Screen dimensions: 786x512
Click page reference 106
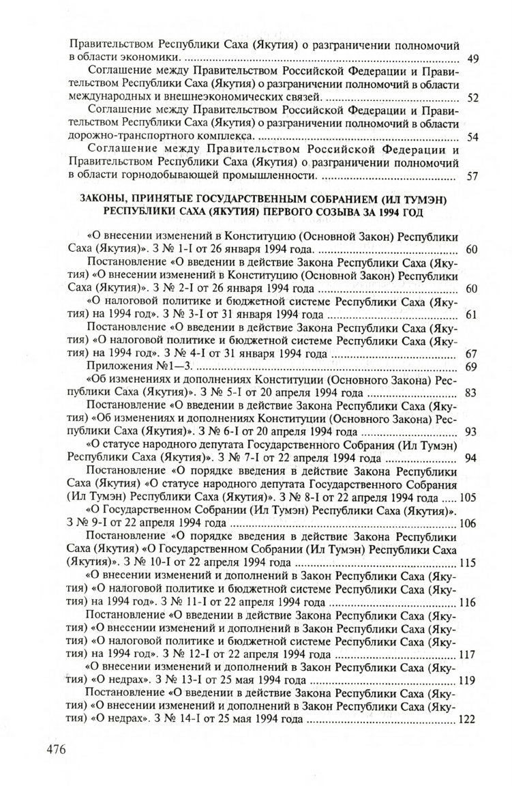(468, 523)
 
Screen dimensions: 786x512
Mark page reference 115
(468, 563)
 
